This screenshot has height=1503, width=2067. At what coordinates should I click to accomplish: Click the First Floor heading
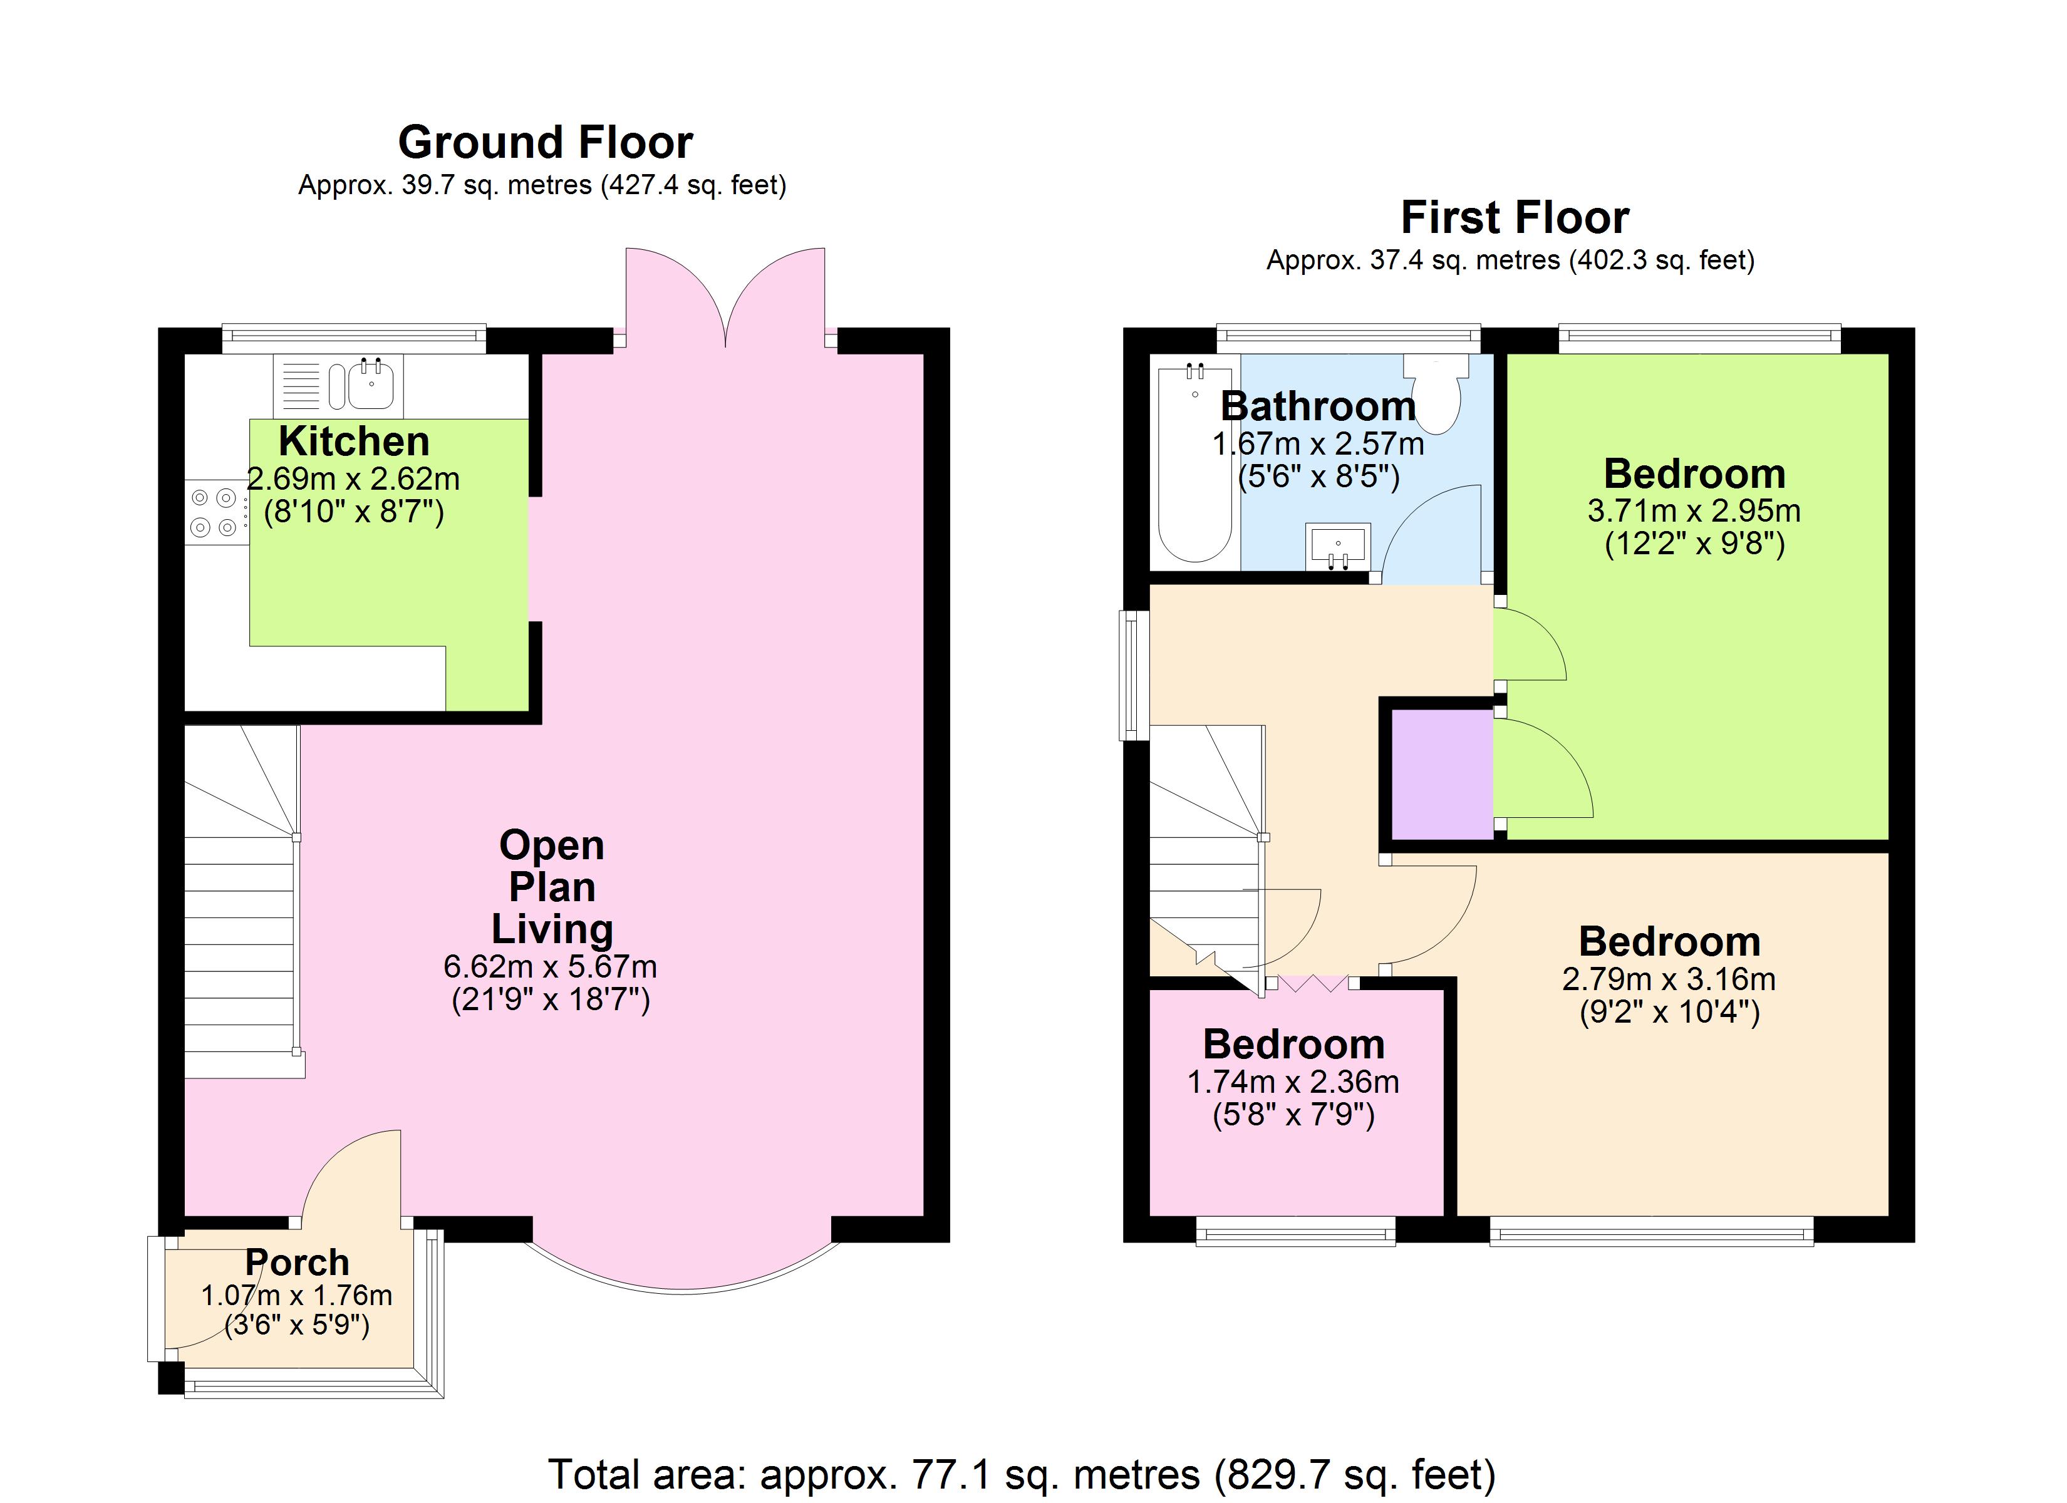tap(1514, 218)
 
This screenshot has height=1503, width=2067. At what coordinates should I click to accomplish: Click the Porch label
tap(297, 1263)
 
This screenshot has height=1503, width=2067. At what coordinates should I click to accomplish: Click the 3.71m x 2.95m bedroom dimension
tap(1693, 510)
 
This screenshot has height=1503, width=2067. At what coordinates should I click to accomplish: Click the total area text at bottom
tap(1021, 1474)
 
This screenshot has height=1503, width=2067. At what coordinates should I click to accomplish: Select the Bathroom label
tap(1318, 406)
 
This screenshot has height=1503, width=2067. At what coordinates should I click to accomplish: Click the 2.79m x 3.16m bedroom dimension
tap(1668, 979)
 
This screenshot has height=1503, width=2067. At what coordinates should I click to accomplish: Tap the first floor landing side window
tap(1133, 674)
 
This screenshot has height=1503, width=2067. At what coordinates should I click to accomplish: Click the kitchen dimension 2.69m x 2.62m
tap(354, 478)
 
